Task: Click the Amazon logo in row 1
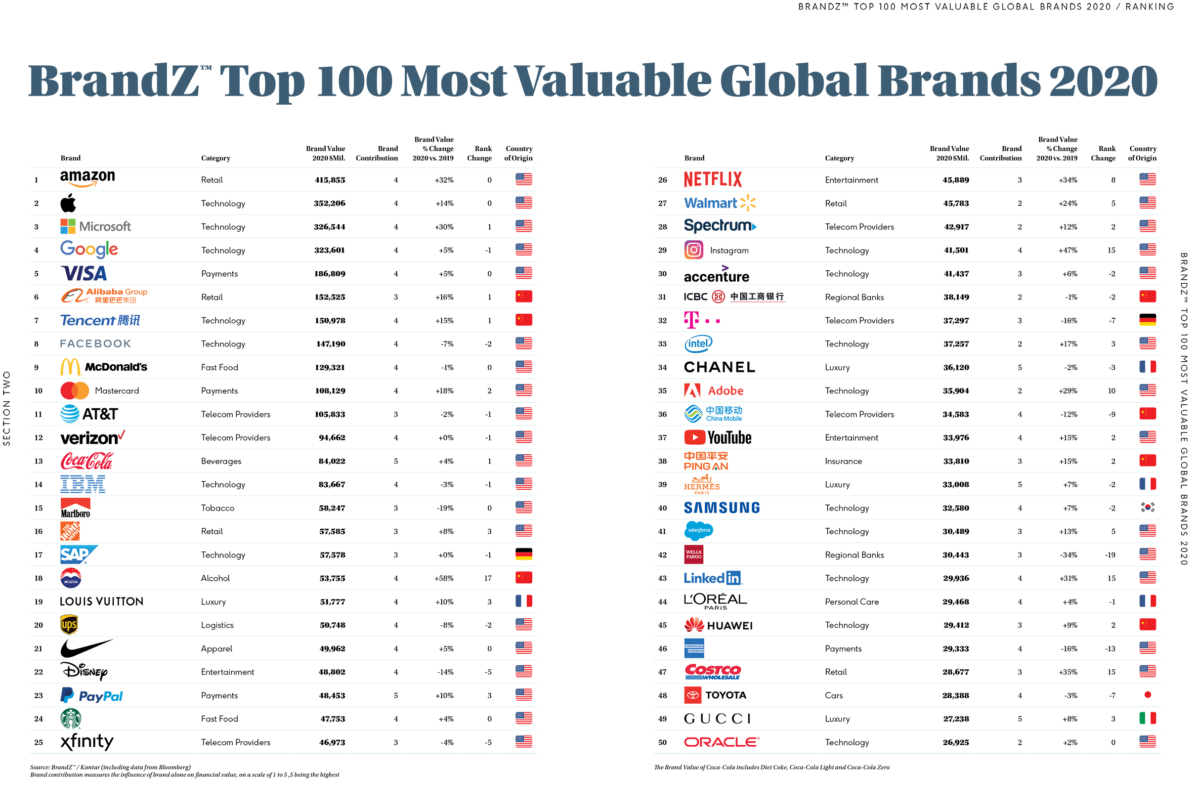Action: click(88, 179)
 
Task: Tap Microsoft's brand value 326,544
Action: click(329, 227)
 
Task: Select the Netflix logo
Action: click(713, 180)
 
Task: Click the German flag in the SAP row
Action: click(524, 555)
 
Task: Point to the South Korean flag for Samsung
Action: click(1147, 507)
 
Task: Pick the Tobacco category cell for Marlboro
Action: click(218, 508)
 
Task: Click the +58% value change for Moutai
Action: click(444, 578)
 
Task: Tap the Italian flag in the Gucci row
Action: click(1147, 718)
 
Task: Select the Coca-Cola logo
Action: click(87, 461)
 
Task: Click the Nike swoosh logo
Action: click(86, 648)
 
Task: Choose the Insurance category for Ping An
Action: click(843, 461)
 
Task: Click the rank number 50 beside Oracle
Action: click(662, 742)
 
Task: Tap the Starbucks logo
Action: click(70, 718)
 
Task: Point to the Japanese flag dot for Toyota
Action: click(1147, 695)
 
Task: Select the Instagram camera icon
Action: click(693, 250)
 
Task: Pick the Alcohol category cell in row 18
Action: click(215, 578)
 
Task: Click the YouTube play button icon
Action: click(694, 438)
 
